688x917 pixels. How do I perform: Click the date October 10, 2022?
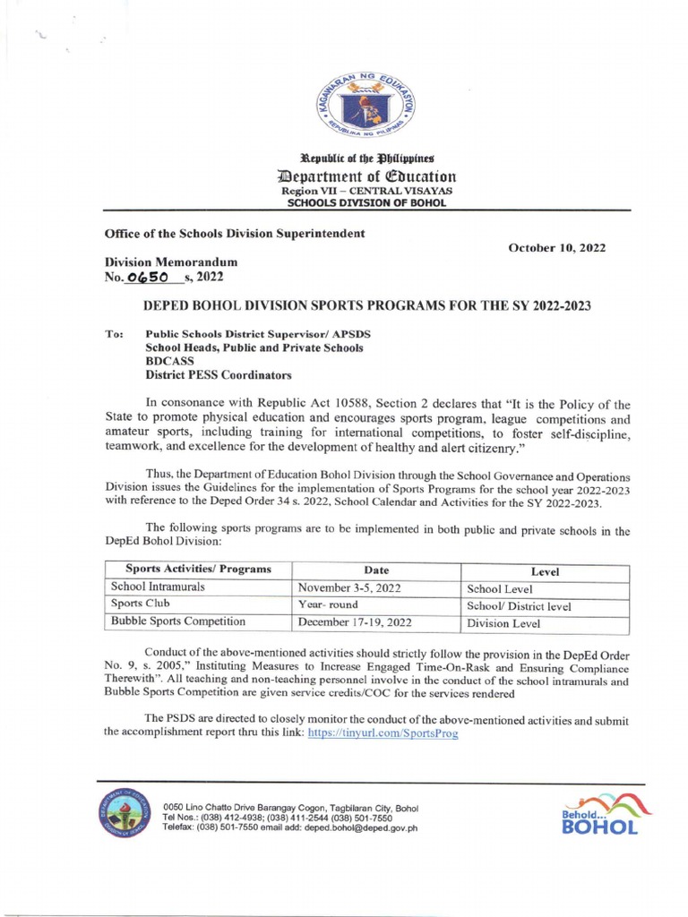pos(558,247)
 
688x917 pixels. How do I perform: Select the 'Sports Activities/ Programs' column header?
pos(198,570)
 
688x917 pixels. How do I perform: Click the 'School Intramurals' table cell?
pos(158,587)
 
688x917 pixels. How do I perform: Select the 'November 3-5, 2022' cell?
pos(349,588)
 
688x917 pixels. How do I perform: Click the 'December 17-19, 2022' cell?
pos(355,622)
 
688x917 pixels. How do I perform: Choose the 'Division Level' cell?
pos(503,623)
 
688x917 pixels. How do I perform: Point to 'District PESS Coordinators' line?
pos(219,375)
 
